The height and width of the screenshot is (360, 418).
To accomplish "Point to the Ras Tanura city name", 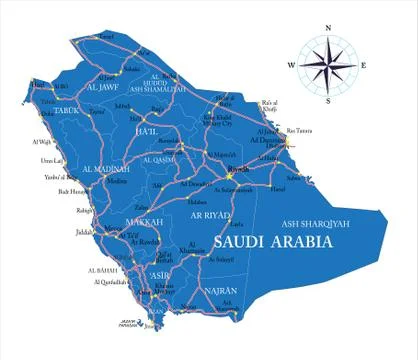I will click(x=299, y=131).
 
